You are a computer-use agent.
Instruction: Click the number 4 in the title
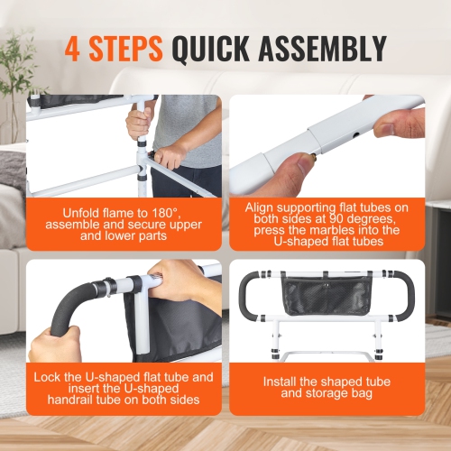[72, 48]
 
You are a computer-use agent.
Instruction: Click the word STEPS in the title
[126, 48]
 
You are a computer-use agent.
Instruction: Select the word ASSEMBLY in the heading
[326, 48]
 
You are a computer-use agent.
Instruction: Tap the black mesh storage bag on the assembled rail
[324, 298]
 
